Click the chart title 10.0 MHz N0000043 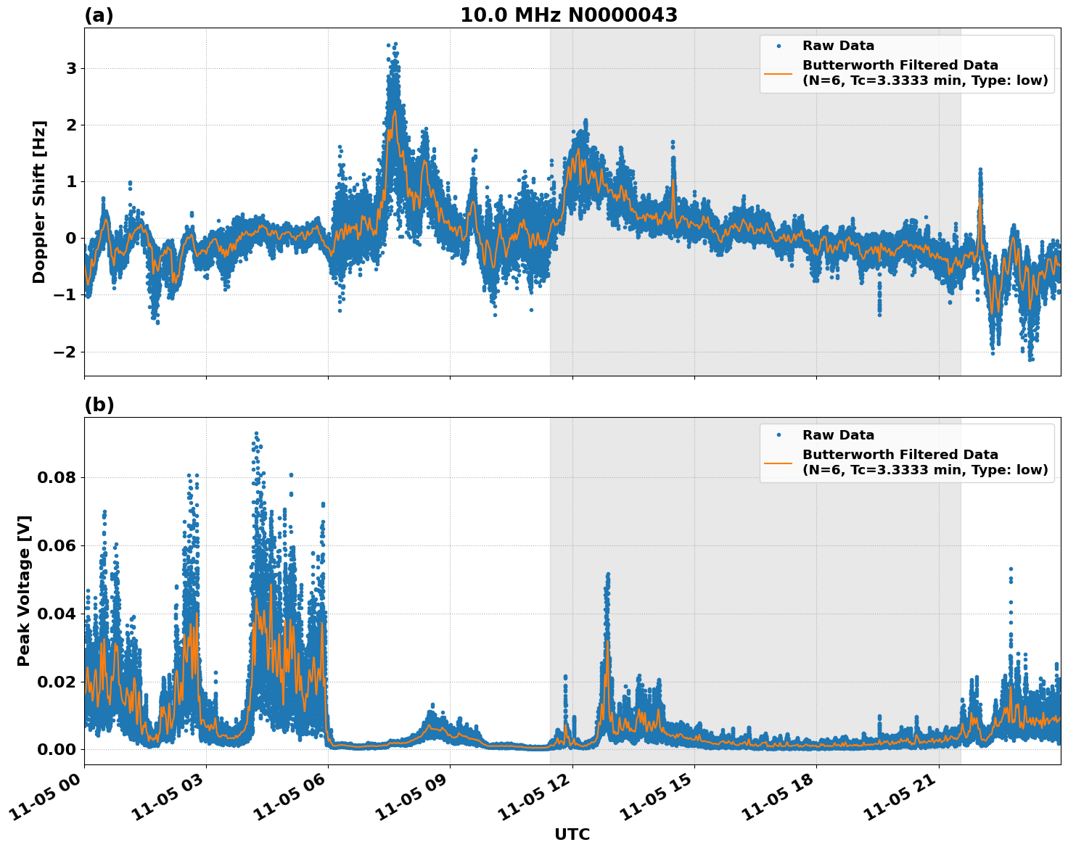(x=568, y=15)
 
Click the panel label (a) (x=99, y=15)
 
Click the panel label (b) (x=99, y=405)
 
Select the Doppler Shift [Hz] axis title (x=39, y=202)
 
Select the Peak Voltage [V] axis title (x=24, y=590)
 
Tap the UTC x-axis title (x=572, y=834)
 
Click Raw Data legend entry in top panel (x=838, y=46)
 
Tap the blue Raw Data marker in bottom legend (x=779, y=435)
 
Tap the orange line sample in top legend (x=779, y=73)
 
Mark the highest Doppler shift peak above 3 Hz (x=392, y=45)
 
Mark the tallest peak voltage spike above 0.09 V (x=256, y=434)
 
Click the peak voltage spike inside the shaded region (x=607, y=574)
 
